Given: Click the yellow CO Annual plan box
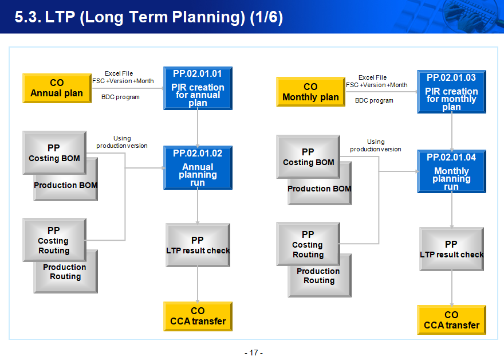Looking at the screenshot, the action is [x=57, y=88].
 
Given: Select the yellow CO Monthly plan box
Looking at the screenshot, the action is [x=310, y=92].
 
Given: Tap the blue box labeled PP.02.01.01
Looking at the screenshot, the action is [x=198, y=88].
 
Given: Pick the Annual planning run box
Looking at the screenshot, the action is [x=198, y=167].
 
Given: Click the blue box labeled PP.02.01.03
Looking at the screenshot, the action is [x=451, y=92].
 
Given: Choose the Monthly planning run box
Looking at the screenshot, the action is [x=451, y=171].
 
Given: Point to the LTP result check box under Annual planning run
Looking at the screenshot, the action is [x=198, y=245].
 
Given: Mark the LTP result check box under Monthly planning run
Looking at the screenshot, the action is [x=451, y=249].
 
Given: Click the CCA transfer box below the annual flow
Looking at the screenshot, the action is [x=198, y=316].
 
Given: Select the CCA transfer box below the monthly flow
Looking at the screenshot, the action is [x=451, y=320].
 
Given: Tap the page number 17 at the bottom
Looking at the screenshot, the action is [x=254, y=353].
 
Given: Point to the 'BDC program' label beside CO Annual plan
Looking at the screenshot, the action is [x=120, y=97].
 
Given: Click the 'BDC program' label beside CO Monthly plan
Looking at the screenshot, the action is [x=374, y=100].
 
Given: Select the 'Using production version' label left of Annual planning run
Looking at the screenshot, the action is [x=122, y=142].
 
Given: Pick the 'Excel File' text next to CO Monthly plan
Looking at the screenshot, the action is [x=372, y=77].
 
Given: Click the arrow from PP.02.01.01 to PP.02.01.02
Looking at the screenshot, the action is [x=198, y=128].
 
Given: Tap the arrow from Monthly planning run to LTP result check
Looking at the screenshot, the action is [x=452, y=210].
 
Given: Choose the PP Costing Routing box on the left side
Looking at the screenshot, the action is [x=54, y=240].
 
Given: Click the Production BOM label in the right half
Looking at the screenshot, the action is [x=320, y=189].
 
